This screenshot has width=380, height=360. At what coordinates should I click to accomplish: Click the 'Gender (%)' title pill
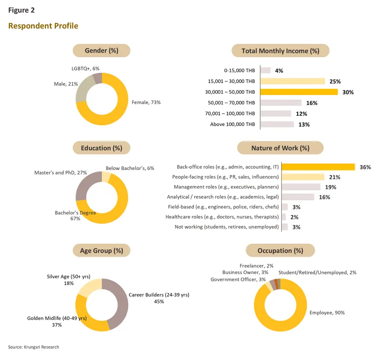point(101,51)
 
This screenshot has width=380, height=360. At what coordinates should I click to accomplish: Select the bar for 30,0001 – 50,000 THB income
point(299,92)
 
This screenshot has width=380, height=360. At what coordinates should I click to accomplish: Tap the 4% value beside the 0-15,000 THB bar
point(279,71)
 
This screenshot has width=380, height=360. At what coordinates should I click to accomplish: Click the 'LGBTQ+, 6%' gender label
point(85,68)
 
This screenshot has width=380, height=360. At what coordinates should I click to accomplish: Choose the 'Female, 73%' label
point(146,102)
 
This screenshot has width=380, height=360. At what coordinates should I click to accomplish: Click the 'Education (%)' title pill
point(101,148)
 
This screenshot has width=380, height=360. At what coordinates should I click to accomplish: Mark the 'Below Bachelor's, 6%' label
point(130,168)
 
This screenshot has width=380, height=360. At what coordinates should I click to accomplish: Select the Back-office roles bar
point(318,167)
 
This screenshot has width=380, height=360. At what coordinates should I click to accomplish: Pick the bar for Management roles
point(301,187)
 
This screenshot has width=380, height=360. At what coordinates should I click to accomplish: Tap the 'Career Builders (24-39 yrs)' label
point(159,295)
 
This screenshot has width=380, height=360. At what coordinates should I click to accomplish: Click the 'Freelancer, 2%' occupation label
point(256,266)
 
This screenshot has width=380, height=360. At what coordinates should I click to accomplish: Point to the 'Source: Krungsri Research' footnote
point(33,347)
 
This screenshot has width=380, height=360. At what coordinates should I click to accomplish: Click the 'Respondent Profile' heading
point(43,26)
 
